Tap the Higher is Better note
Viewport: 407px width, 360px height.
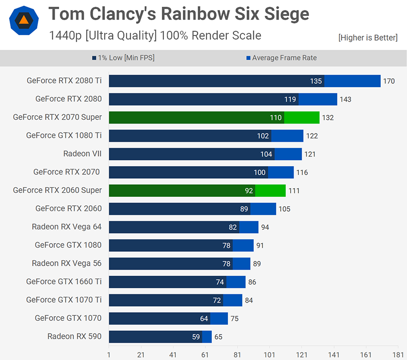pyautogui.click(x=367, y=37)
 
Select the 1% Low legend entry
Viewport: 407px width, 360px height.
pyautogui.click(x=123, y=58)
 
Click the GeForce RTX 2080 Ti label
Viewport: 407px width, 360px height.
pyautogui.click(x=64, y=81)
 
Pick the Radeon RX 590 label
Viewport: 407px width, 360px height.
pyautogui.click(x=74, y=336)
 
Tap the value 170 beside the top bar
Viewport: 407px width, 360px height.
pyautogui.click(x=389, y=81)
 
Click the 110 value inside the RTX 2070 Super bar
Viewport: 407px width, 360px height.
pyautogui.click(x=275, y=118)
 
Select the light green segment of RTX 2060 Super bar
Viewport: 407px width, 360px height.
pyautogui.click(x=270, y=191)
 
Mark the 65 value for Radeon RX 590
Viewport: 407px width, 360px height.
pyautogui.click(x=218, y=337)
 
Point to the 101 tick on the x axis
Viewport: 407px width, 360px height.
pyautogui.click(x=269, y=355)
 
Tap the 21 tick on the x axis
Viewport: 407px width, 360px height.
pyautogui.click(x=141, y=355)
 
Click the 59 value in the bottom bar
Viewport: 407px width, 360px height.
pyautogui.click(x=195, y=337)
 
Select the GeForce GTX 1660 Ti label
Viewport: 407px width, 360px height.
pyautogui.click(x=64, y=281)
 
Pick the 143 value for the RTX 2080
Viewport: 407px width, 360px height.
pyautogui.click(x=345, y=100)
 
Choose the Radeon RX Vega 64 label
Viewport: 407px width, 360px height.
pyautogui.click(x=67, y=226)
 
